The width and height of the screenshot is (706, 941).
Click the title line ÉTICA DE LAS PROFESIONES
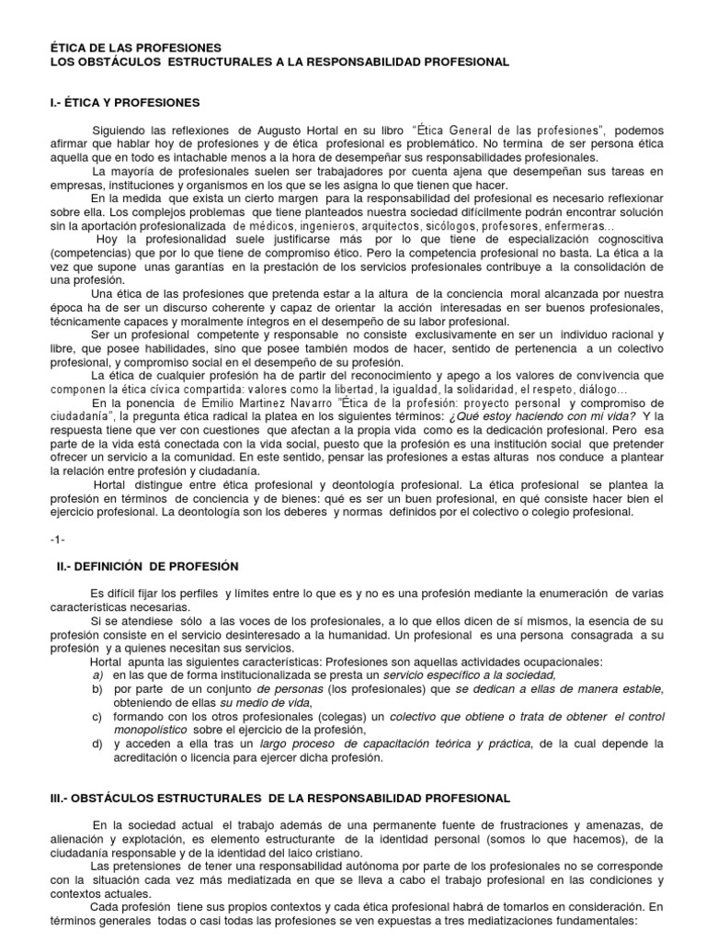coord(135,47)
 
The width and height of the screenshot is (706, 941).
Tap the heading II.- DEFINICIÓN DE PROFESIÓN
coord(148,566)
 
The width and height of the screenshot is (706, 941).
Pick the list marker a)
coord(97,675)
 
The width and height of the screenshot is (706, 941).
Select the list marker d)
coord(97,743)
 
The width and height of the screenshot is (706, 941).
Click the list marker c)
coord(97,716)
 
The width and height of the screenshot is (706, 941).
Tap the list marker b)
coord(97,689)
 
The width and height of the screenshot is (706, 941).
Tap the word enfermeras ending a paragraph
coord(579,225)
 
